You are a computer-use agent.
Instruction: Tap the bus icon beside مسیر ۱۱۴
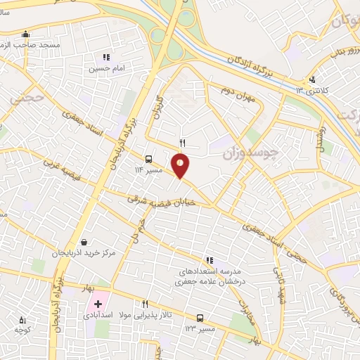[x=149, y=159]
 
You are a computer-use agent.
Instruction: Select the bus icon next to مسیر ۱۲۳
[x=200, y=318]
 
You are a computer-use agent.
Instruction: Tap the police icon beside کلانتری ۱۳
[x=312, y=79]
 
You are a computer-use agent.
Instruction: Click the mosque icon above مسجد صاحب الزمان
[x=26, y=33]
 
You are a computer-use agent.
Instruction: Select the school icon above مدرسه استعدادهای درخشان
[x=209, y=259]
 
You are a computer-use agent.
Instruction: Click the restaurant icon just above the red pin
[x=182, y=143]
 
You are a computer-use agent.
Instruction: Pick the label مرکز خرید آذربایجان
[x=84, y=252]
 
